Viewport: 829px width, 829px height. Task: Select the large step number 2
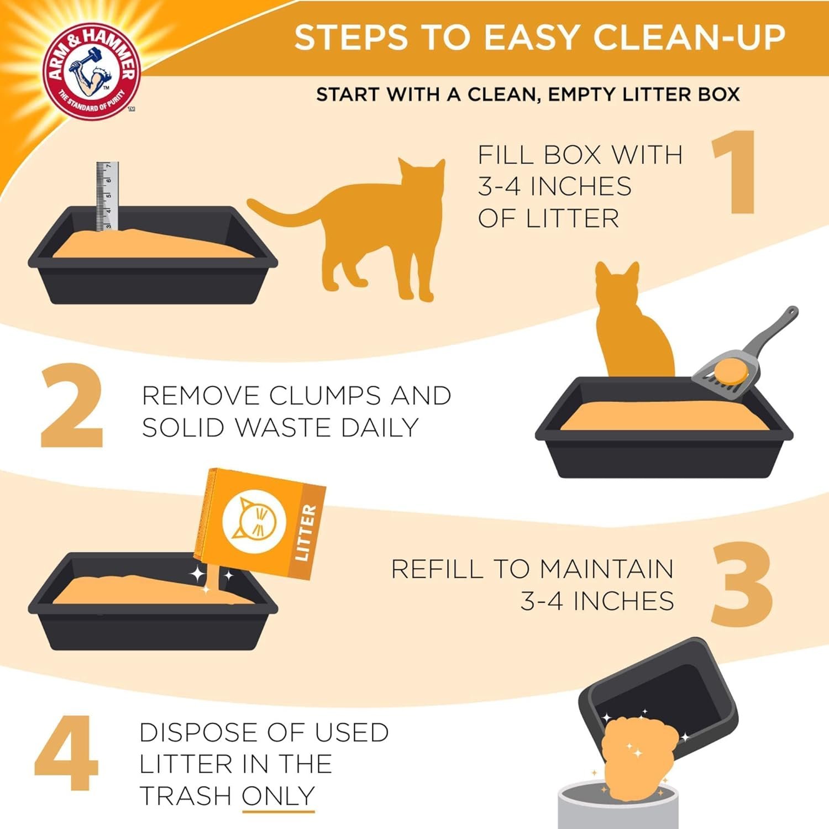72,406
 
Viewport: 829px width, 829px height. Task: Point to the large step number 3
742,584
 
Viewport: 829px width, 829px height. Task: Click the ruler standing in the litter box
107,196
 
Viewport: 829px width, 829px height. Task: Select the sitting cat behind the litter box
633,326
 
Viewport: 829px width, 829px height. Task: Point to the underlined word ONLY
278,796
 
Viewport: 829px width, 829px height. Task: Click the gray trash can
616,807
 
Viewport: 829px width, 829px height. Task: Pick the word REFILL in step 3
437,569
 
